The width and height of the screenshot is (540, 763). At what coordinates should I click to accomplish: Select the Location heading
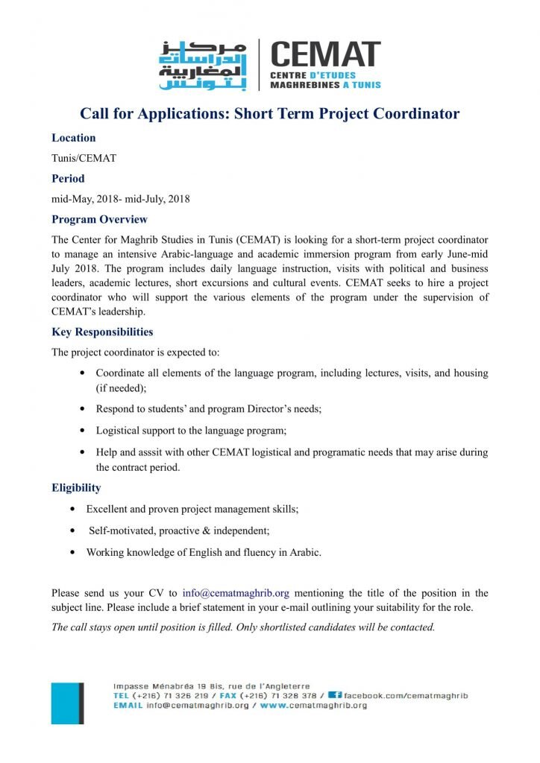pyautogui.click(x=73, y=138)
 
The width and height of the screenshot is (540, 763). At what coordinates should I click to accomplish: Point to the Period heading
pyautogui.click(x=68, y=179)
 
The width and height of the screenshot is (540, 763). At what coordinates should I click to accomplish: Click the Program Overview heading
pyautogui.click(x=99, y=220)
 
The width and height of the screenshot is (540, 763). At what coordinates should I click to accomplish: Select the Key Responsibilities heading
pyautogui.click(x=102, y=332)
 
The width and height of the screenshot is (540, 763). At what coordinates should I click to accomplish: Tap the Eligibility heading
pyautogui.click(x=76, y=489)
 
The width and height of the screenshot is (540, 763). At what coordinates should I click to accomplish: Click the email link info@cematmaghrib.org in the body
pyautogui.click(x=236, y=593)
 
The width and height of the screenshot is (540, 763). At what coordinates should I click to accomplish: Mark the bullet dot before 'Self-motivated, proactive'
pyautogui.click(x=72, y=531)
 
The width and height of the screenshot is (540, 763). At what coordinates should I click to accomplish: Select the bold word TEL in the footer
pyautogui.click(x=121, y=695)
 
